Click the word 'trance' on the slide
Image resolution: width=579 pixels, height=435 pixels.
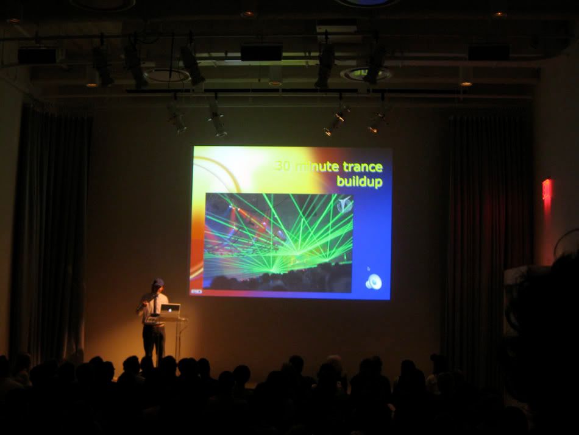coord(362,167)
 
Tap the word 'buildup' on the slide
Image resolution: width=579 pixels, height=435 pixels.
coord(360,182)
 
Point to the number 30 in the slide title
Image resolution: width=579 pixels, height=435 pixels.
coord(283,167)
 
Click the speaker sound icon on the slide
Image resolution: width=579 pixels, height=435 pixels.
coord(374,282)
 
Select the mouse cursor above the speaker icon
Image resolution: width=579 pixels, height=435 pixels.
coord(368,268)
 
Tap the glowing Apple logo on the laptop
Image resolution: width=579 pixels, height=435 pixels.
coord(170,308)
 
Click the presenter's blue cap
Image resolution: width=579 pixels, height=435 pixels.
coord(158,282)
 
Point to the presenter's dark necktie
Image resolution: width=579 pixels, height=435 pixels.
coord(156,305)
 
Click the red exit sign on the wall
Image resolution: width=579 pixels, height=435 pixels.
coord(547,189)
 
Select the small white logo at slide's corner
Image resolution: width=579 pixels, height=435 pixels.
coord(196,292)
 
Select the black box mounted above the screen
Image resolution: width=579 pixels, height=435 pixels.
coord(261,52)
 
